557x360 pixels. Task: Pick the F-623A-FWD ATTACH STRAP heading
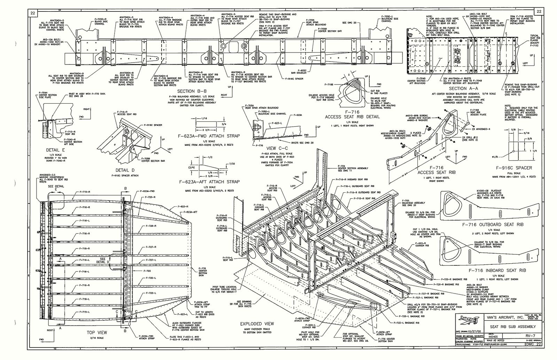click(x=209, y=136)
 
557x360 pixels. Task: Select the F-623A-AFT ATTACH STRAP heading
click(x=209, y=182)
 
